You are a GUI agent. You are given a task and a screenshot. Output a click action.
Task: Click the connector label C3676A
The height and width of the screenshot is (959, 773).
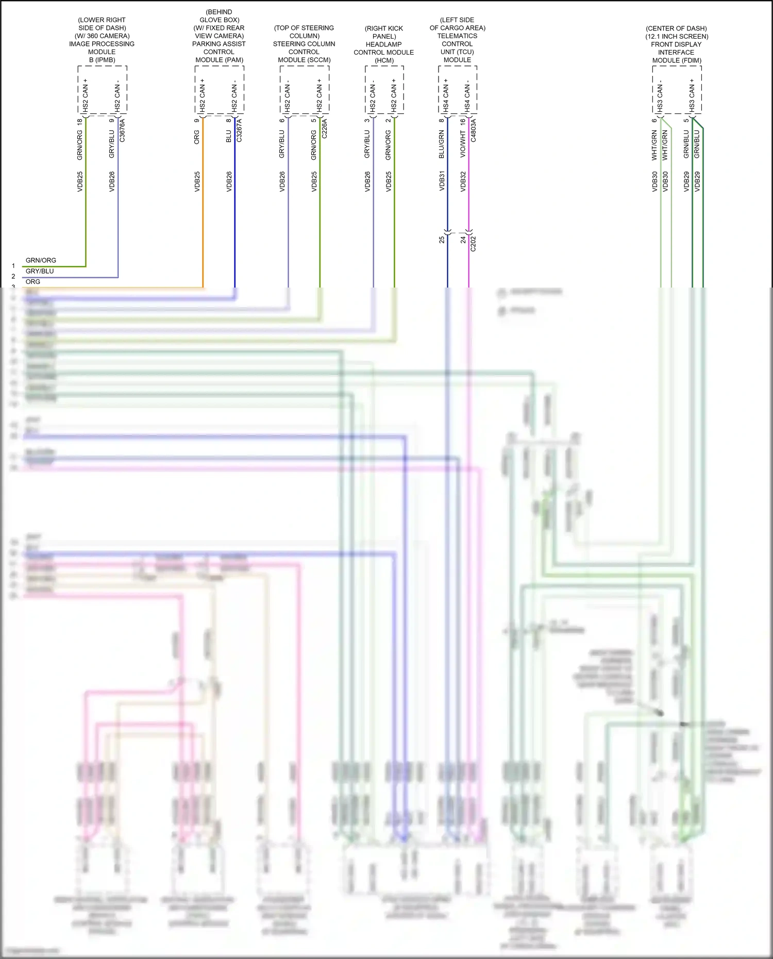coord(122,130)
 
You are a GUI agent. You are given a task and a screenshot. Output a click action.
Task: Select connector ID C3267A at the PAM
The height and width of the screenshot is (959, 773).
coord(239,130)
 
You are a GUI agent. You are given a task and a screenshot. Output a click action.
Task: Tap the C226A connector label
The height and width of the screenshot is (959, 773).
coord(325,129)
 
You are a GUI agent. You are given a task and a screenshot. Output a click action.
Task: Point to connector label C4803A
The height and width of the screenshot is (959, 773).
coord(474,130)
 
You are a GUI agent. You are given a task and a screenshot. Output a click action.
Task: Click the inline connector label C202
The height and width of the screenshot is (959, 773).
coord(474,244)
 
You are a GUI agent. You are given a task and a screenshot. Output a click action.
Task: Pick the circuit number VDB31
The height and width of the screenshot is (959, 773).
coord(442,181)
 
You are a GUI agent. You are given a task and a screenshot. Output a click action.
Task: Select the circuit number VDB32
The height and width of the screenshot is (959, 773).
coord(463,181)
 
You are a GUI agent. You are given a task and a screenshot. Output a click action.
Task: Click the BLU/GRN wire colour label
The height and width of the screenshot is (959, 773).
coord(442,144)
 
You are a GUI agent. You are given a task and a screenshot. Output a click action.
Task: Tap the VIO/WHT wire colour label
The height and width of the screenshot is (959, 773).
coord(463,144)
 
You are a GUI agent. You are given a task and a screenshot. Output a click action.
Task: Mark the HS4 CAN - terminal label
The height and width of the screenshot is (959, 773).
coord(467,95)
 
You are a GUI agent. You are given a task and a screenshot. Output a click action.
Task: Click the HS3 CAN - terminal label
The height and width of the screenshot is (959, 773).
coord(660,95)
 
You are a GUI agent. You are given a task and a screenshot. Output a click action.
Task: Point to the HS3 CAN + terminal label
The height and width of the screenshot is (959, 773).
coord(692,95)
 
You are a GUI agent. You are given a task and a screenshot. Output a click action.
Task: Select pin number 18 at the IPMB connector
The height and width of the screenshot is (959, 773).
coord(80,122)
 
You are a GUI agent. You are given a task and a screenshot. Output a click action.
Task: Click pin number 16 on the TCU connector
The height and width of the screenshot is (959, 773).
coord(463,122)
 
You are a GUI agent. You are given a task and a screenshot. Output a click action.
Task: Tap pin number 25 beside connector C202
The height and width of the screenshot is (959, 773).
coord(442,240)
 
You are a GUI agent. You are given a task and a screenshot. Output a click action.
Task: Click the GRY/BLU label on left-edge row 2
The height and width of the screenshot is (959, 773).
coord(40,271)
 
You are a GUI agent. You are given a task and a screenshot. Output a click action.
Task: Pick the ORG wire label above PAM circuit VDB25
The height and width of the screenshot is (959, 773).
coord(197,137)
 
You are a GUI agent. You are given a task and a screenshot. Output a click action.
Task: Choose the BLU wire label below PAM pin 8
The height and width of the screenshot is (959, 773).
coord(229,136)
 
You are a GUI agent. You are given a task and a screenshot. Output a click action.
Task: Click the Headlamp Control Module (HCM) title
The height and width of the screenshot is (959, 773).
coord(384,44)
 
